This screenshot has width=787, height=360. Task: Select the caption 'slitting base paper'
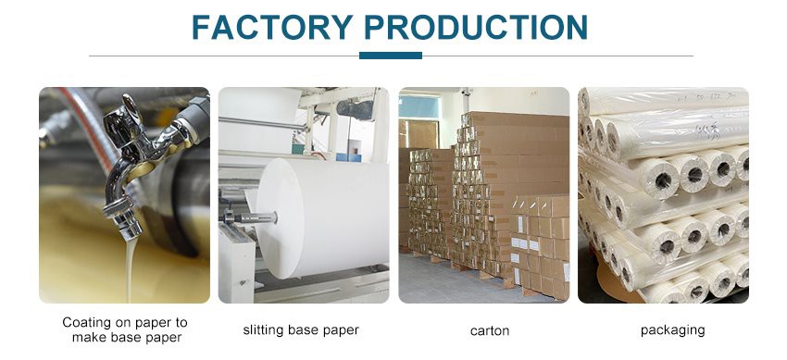[x=301, y=330]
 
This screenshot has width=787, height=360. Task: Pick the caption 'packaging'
[x=672, y=330]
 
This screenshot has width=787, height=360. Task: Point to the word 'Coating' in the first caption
[x=86, y=322]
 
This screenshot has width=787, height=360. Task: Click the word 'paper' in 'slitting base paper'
[x=340, y=330]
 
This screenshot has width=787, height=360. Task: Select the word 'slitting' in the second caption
[x=263, y=330]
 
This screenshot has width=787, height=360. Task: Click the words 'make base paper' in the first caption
[x=124, y=337]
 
